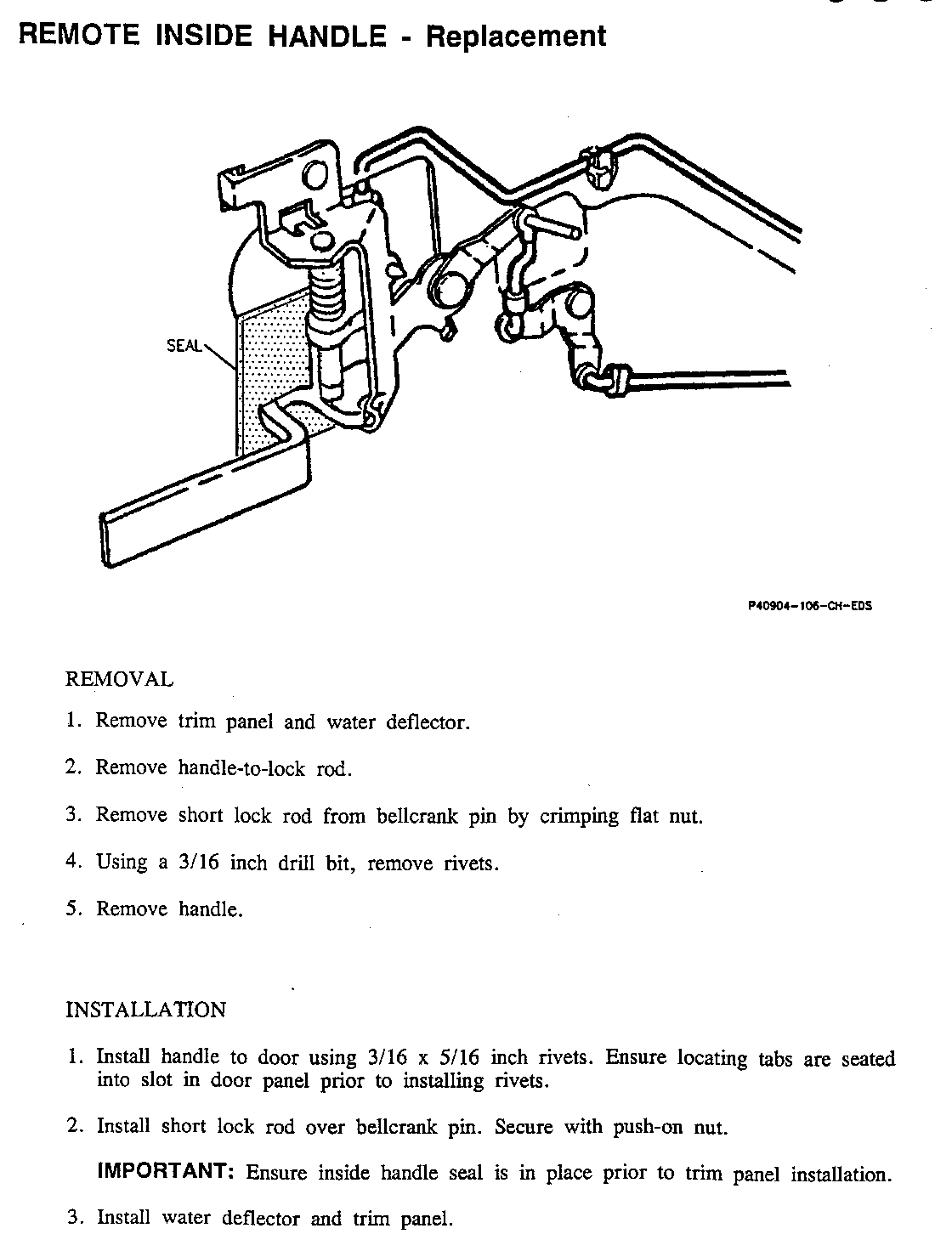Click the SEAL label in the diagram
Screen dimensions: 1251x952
(x=184, y=346)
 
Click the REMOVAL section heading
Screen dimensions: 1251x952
(x=119, y=680)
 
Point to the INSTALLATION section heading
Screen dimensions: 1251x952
(x=146, y=1010)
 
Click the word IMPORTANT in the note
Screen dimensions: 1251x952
(x=166, y=1172)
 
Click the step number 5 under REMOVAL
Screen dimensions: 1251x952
(x=71, y=909)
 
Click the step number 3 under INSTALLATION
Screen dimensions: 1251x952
(x=73, y=1217)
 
